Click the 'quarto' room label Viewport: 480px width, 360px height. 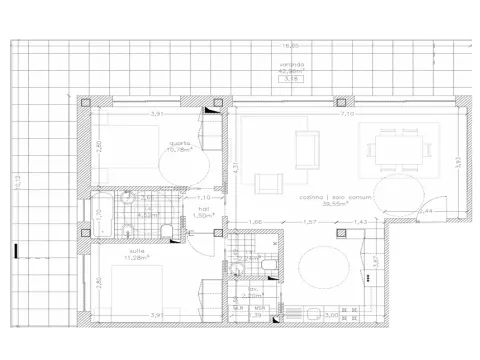point(181,142)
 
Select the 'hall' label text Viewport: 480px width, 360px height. point(201,207)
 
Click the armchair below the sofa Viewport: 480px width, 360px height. point(270,184)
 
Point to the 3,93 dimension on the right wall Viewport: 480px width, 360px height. point(457,160)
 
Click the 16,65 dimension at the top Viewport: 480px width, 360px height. point(290,45)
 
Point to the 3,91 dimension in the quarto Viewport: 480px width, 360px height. point(156,114)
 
